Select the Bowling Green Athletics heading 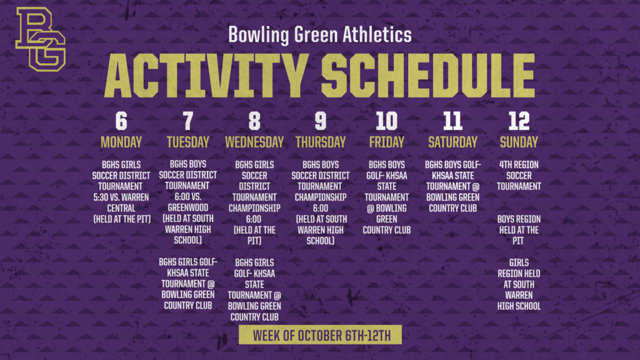pos(320,34)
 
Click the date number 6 pos(121,121)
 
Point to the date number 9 pos(320,121)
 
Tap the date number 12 pos(519,121)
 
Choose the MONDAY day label pos(121,142)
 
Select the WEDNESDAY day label pos(254,142)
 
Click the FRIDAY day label pos(386,142)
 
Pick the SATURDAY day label pos(452,142)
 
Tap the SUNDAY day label pos(519,142)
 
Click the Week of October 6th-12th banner pos(320,336)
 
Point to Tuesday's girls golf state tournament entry pos(187,284)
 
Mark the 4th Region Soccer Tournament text pos(519,176)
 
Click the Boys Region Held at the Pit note pos(519,230)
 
